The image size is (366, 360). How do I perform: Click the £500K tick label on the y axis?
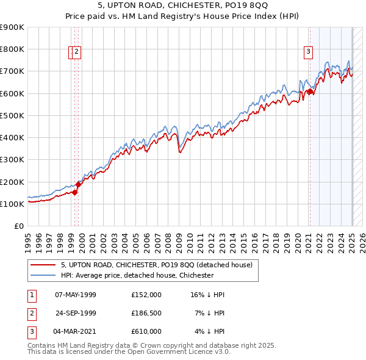(12, 115)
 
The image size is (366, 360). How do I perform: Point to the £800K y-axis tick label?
(12, 49)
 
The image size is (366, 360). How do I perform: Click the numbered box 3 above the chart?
(309, 52)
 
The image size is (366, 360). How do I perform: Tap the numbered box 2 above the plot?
(77, 52)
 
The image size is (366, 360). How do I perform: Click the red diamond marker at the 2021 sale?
(310, 92)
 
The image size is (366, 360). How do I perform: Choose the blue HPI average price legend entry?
(137, 275)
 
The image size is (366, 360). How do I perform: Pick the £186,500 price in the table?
(146, 313)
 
